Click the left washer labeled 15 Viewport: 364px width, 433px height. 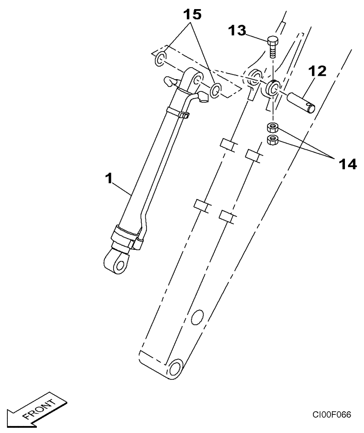tap(160, 58)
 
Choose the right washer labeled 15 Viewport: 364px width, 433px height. tap(215, 90)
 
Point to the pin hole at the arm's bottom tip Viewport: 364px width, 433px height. tap(176, 369)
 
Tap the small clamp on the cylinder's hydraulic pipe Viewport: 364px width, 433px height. tap(184, 116)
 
